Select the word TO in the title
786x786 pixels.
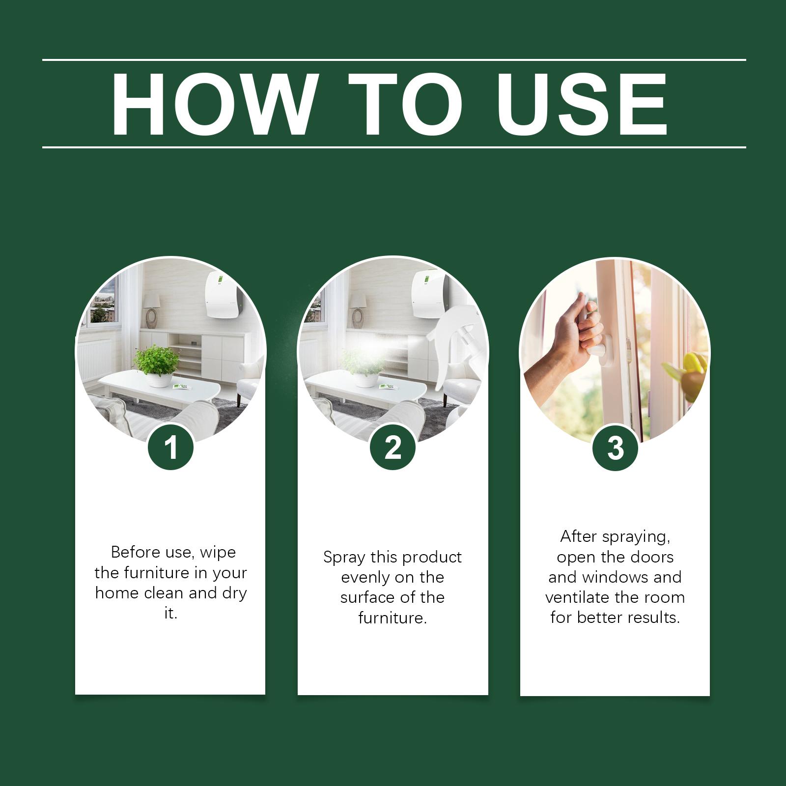coord(406,104)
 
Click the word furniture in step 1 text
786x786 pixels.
coord(156,573)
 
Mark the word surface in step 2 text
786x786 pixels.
coord(365,597)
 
